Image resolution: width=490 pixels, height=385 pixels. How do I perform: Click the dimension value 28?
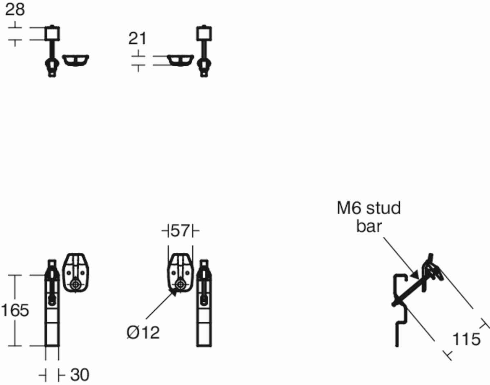point(15,10)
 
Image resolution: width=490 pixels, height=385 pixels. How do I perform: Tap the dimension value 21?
point(137,38)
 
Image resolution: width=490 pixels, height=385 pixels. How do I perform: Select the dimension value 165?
point(15,310)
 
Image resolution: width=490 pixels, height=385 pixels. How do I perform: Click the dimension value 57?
point(180,231)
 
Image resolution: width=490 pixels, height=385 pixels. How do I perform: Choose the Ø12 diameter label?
point(143,332)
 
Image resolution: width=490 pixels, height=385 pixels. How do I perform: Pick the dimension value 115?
point(466,339)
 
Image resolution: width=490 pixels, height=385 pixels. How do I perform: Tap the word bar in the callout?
point(369,226)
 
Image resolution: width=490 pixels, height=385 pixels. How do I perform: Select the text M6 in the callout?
point(350,208)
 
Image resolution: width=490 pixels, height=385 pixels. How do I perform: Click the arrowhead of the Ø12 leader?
point(174,292)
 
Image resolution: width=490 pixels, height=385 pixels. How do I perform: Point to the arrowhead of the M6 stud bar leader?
point(415,276)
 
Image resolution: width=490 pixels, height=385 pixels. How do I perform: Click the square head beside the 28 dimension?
point(52,33)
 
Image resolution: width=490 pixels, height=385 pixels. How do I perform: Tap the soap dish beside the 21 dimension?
point(180,60)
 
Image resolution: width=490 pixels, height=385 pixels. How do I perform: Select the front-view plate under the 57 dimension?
point(180,273)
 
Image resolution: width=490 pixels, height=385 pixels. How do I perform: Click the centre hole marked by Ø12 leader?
point(180,285)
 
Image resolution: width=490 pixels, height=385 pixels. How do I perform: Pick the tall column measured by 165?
point(52,303)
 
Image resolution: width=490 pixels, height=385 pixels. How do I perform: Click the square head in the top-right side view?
point(204,33)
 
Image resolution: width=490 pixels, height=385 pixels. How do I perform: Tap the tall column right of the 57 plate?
point(204,303)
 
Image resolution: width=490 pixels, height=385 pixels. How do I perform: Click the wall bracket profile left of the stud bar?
point(401,310)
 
